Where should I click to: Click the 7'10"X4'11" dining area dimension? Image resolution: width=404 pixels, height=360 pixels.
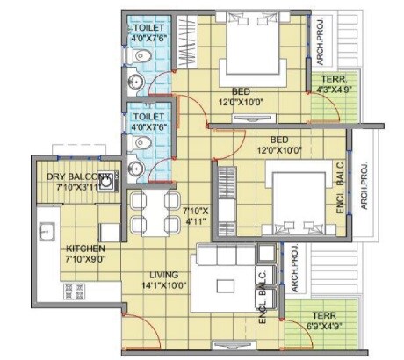(x=194, y=216)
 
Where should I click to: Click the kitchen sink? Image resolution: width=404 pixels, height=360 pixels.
(x=47, y=233)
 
